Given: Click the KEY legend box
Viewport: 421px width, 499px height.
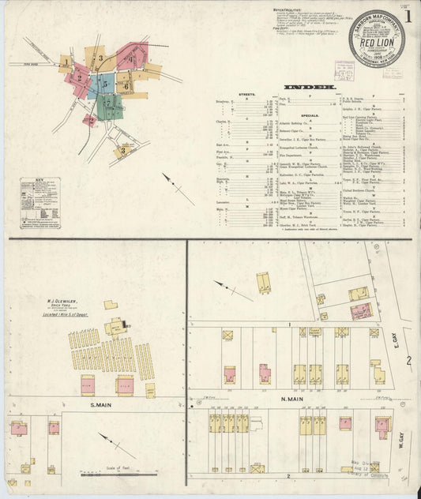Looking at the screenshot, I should [40, 202].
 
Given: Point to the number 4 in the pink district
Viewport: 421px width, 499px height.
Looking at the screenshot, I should [130, 58].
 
